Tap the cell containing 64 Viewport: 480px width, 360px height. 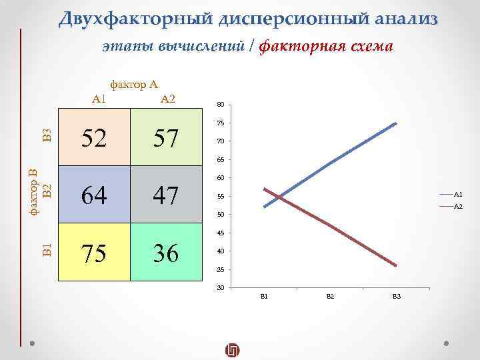[x=94, y=195]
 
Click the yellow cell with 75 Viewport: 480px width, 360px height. [x=94, y=253]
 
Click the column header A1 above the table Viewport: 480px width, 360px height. [x=99, y=99]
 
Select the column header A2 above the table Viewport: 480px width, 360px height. [x=167, y=99]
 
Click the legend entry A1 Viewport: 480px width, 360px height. [x=458, y=194]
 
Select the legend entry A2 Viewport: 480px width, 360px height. [x=458, y=207]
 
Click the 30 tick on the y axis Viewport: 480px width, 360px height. [x=221, y=288]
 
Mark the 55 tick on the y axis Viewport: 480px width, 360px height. [x=221, y=197]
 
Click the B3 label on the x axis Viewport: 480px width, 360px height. [x=397, y=296]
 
